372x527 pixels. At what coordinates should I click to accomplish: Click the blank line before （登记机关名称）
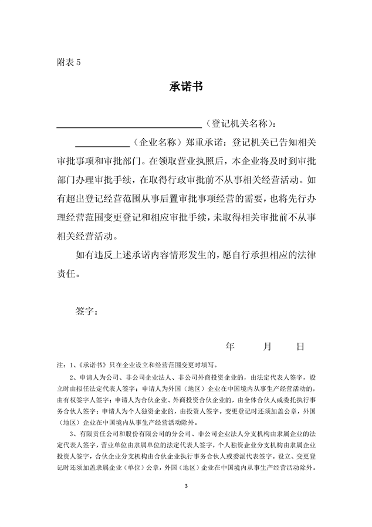click(x=128, y=125)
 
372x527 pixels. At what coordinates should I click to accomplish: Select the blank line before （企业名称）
click(x=103, y=144)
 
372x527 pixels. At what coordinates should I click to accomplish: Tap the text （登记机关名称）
click(x=238, y=124)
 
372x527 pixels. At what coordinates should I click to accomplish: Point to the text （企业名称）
click(x=154, y=143)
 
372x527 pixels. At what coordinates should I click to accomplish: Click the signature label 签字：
click(x=88, y=310)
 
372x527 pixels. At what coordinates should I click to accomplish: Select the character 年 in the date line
click(x=229, y=347)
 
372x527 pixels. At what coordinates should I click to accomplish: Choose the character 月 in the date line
click(x=267, y=347)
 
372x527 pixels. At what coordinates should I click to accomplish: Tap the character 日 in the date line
click(x=300, y=347)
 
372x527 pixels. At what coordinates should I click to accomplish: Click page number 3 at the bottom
click(x=186, y=487)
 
